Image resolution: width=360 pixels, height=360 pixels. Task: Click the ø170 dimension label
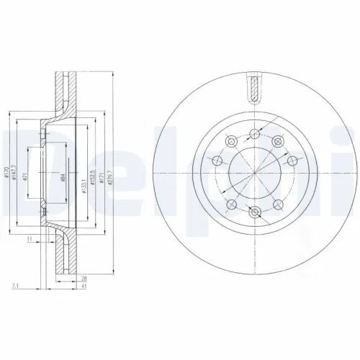click(x=6, y=172)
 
